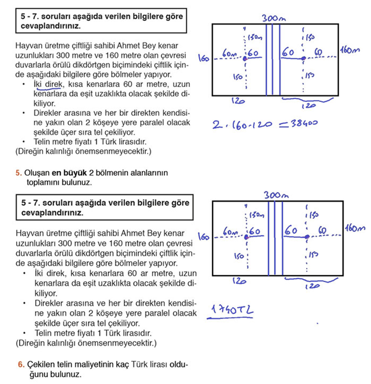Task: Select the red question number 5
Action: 18,172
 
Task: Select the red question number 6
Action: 20,364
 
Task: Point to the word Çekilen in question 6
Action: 40,364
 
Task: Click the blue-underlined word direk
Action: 57,85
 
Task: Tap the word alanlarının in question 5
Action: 148,172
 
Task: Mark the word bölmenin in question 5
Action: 111,172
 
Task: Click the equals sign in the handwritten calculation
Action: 279,123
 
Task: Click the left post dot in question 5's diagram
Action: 245,58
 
